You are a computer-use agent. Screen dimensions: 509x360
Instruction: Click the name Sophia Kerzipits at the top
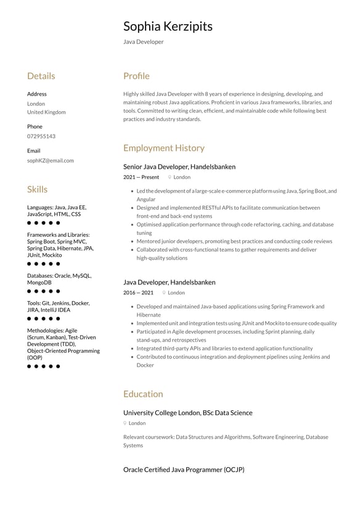[168, 26]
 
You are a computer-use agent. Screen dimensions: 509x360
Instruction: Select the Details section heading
[41, 76]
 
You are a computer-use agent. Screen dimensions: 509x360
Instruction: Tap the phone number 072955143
[41, 136]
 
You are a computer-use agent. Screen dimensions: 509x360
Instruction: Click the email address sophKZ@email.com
[50, 160]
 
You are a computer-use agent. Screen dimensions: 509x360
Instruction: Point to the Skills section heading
[37, 189]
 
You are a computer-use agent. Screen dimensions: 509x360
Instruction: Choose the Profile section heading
[136, 76]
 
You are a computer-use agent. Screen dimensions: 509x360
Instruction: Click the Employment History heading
[163, 148]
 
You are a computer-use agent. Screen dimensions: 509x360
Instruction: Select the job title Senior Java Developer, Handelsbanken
[179, 167]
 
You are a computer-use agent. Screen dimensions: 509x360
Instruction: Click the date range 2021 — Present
[141, 177]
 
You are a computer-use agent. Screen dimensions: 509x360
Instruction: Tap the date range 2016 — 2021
[138, 292]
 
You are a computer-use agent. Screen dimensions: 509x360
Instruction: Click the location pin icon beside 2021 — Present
[170, 177]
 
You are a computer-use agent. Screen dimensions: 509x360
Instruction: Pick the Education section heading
[143, 394]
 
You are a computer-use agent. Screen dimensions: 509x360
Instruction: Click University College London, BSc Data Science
[187, 413]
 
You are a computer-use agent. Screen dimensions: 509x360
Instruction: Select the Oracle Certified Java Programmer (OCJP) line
[184, 470]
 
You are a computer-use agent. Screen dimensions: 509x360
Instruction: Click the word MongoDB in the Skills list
[39, 283]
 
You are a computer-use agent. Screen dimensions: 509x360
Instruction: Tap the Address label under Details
[36, 94]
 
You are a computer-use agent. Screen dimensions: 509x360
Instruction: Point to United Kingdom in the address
[46, 112]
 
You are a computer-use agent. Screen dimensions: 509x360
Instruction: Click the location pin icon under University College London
[125, 423]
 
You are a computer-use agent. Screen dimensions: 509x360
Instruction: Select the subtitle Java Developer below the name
[143, 42]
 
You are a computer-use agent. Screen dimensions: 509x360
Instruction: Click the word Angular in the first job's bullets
[146, 199]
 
